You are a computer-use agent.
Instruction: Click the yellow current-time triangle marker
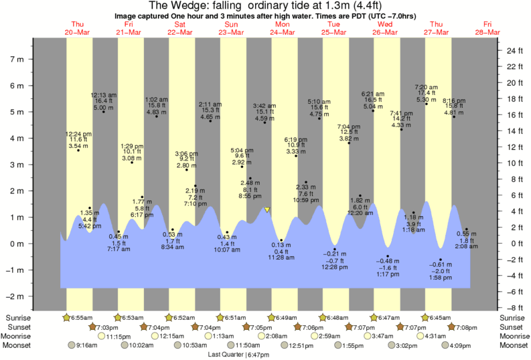[x=267, y=210]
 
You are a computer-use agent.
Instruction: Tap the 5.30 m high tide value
[x=427, y=100]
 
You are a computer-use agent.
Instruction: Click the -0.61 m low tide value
[x=440, y=265]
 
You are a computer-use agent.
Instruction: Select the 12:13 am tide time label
[x=104, y=95]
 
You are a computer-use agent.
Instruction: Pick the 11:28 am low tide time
[x=281, y=257]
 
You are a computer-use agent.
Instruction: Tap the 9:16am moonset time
[x=88, y=345]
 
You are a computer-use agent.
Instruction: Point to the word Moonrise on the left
[x=18, y=336]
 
